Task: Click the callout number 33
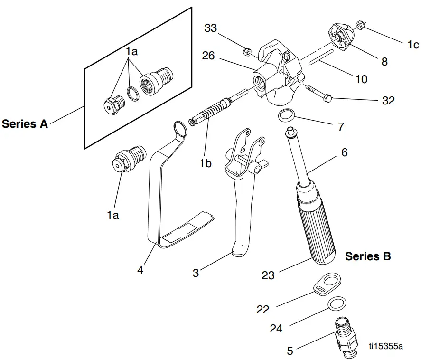(x=210, y=28)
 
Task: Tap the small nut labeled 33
(x=247, y=51)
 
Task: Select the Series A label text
(x=25, y=124)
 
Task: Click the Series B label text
(x=368, y=256)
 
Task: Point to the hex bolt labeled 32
(x=318, y=93)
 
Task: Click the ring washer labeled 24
(x=337, y=303)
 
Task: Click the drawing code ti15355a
(x=387, y=346)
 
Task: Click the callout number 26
(x=208, y=56)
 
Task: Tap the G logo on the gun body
(x=287, y=55)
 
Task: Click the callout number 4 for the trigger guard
(x=140, y=270)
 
